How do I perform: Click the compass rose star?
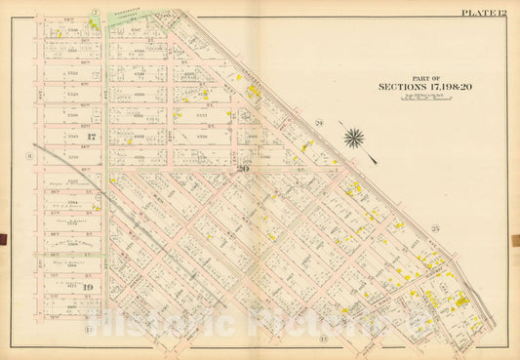click(x=354, y=138)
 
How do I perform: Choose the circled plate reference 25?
click(x=436, y=227)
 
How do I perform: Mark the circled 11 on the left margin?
click(x=30, y=154)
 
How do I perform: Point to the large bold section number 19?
click(x=87, y=289)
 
